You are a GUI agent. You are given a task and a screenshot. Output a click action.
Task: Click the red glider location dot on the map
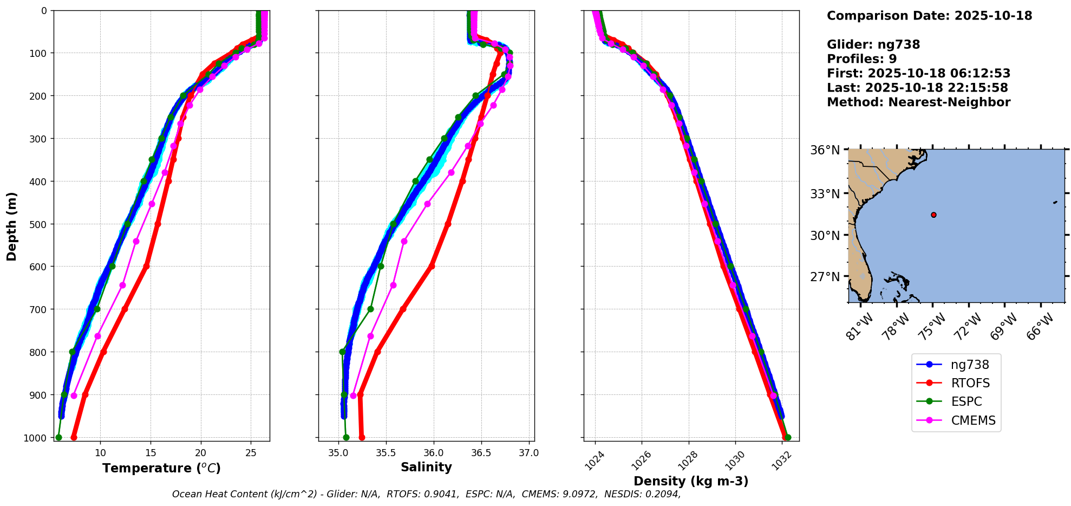click(933, 215)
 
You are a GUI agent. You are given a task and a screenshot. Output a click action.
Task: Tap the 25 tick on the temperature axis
click(251, 453)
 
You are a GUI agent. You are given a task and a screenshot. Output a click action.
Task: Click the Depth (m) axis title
click(12, 226)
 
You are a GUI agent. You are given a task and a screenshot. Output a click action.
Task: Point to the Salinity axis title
click(426, 467)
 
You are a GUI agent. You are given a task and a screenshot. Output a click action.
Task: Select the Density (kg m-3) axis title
click(691, 481)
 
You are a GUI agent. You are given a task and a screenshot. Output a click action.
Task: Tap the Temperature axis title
click(161, 468)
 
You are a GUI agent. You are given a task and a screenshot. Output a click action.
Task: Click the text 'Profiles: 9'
click(861, 59)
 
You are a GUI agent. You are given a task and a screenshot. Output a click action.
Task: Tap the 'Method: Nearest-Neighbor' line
click(918, 102)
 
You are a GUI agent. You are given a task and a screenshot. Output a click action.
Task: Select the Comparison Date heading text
click(929, 16)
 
